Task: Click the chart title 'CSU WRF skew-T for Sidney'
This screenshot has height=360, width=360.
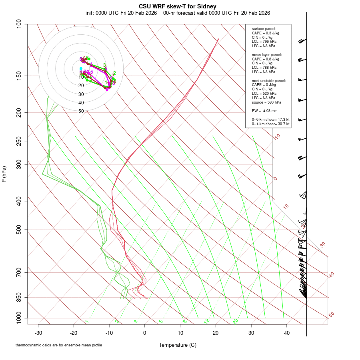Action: click(x=178, y=6)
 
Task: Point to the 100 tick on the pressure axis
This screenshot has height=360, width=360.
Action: click(x=19, y=24)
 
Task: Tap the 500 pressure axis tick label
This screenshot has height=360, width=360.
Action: click(x=19, y=230)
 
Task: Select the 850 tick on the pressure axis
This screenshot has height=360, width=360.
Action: click(x=19, y=297)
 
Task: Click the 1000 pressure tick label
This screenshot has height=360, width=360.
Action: click(x=18, y=318)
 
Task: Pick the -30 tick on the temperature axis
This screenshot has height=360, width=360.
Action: click(x=38, y=333)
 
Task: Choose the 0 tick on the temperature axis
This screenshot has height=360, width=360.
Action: click(x=145, y=333)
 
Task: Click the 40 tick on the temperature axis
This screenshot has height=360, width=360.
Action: click(x=286, y=333)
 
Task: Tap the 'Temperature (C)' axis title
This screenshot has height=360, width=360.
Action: click(x=178, y=345)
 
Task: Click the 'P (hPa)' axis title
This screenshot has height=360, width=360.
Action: click(x=4, y=174)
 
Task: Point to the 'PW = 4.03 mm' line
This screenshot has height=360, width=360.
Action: click(x=265, y=110)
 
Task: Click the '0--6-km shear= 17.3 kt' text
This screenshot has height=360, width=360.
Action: click(x=270, y=120)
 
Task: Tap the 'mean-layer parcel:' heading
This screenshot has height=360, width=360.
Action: click(x=267, y=54)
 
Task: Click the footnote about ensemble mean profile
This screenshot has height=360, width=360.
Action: click(x=59, y=345)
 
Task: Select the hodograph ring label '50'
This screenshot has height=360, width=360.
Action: click(x=81, y=111)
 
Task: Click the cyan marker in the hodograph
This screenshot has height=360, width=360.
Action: click(x=81, y=68)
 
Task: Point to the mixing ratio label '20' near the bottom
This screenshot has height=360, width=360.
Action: click(x=235, y=321)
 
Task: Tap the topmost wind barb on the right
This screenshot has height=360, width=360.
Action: click(x=302, y=41)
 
